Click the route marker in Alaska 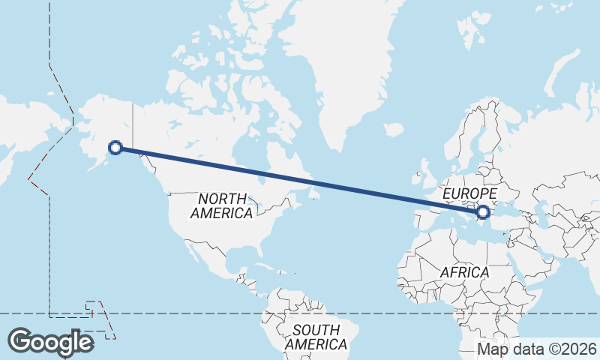[x=115, y=148]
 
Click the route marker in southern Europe [x=483, y=213]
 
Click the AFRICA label [x=464, y=271]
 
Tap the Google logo [x=51, y=342]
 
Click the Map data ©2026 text [x=536, y=349]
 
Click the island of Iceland [x=394, y=128]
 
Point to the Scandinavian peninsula [x=480, y=135]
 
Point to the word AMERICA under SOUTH [x=316, y=344]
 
